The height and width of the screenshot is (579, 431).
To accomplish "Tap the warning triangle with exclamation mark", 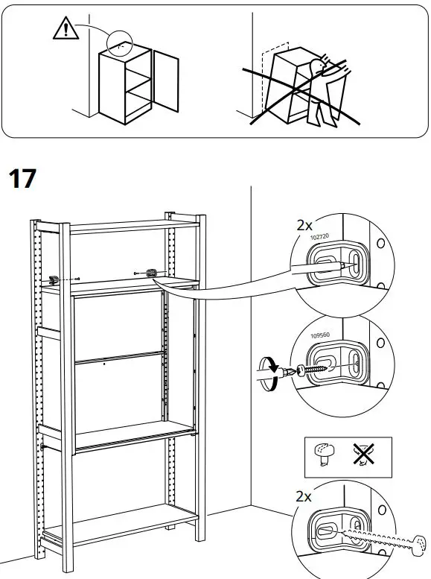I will pos(66,28).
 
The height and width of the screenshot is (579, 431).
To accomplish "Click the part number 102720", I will pos(319,237).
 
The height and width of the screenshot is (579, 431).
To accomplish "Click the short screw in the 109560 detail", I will pos(312,367).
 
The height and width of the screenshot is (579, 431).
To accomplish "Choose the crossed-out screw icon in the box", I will pos(365,455).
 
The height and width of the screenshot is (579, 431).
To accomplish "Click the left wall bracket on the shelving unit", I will pos(54,279).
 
